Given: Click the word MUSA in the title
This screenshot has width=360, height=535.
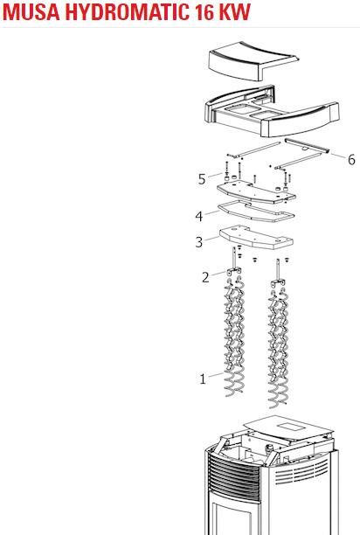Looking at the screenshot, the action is pyautogui.click(x=32, y=11).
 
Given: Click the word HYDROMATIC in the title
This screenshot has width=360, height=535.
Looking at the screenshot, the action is pyautogui.click(x=126, y=11).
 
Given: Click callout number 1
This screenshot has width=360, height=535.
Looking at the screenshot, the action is pyautogui.click(x=203, y=379).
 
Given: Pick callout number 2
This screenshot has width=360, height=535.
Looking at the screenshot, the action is pyautogui.click(x=205, y=277).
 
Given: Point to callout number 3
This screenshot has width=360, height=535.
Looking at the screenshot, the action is pyautogui.click(x=199, y=242).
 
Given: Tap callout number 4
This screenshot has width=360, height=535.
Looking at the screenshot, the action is pyautogui.click(x=199, y=216).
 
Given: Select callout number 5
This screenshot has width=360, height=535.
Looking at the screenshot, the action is pyautogui.click(x=202, y=179).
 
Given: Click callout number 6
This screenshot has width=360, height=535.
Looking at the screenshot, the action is pyautogui.click(x=351, y=159).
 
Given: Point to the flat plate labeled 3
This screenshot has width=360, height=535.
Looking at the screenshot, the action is pyautogui.click(x=256, y=236).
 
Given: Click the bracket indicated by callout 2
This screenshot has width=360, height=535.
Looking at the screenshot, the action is pyautogui.click(x=233, y=272).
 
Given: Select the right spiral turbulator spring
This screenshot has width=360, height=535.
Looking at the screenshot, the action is pyautogui.click(x=279, y=348).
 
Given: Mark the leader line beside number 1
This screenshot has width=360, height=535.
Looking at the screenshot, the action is pyautogui.click(x=216, y=375).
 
